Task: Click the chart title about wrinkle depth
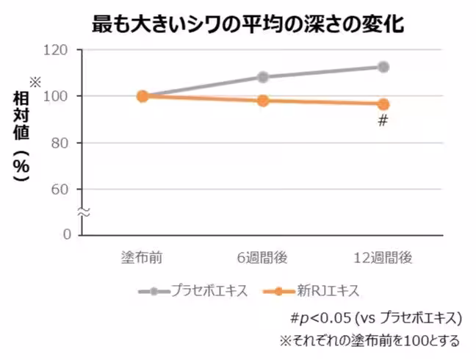(248, 24)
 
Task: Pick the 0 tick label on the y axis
(65, 235)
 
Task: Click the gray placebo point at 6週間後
(262, 77)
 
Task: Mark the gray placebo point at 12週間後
(383, 67)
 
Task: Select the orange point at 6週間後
(262, 100)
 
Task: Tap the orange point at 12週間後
(383, 104)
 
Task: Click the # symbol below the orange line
(382, 120)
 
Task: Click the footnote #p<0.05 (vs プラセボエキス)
(375, 318)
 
